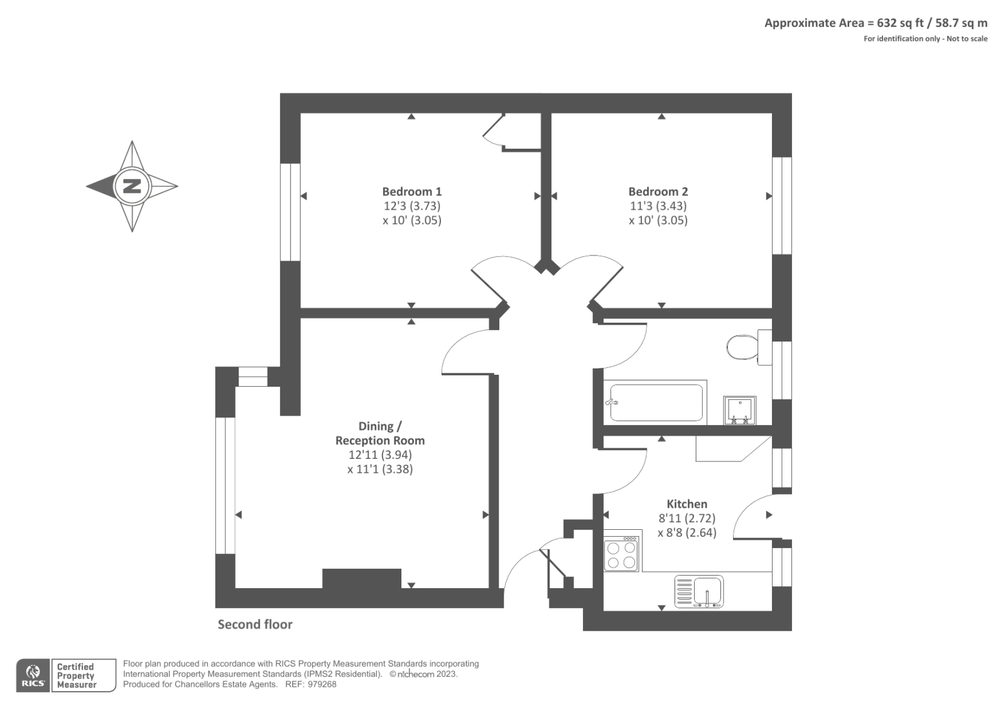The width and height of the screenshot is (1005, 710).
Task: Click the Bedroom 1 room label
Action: (x=412, y=191)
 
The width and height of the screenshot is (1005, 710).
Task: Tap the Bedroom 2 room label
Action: (x=658, y=191)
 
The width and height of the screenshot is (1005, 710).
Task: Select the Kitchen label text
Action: (x=687, y=503)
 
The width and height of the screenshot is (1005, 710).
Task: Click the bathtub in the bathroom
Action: (x=656, y=402)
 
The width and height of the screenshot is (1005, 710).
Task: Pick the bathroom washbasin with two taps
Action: (x=739, y=410)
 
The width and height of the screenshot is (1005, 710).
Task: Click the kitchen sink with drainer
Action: (x=699, y=591)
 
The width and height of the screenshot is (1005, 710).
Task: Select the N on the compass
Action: (x=132, y=186)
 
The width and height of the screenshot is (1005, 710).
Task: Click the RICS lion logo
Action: (x=33, y=675)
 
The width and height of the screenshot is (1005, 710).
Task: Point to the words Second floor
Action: (x=255, y=625)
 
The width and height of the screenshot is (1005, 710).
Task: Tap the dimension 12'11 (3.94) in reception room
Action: (x=380, y=455)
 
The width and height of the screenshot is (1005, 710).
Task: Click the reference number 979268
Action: (x=322, y=684)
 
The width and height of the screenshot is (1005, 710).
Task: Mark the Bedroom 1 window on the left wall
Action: (x=290, y=212)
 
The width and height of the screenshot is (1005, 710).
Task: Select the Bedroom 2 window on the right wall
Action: (x=782, y=206)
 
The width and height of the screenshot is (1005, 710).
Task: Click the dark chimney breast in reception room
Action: (x=362, y=579)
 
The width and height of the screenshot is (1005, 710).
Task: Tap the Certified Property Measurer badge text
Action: (x=76, y=675)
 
